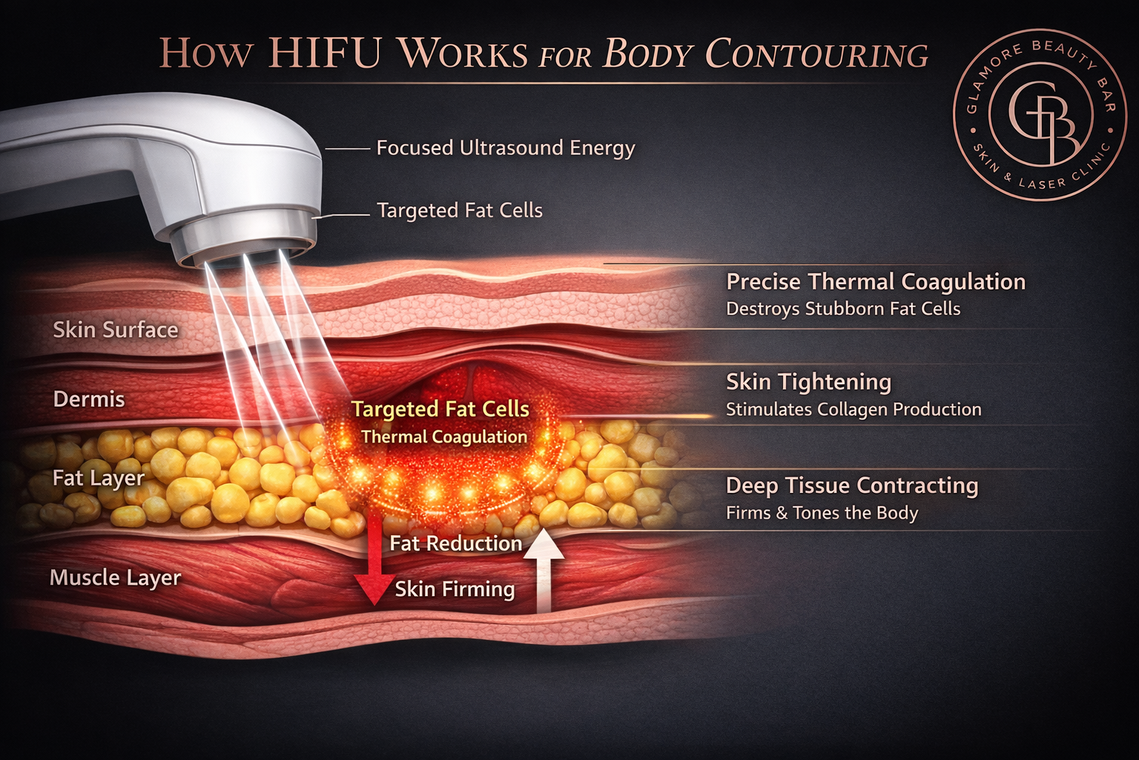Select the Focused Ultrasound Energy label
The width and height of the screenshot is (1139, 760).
point(506,148)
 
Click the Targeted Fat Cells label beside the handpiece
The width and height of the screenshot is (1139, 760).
point(460,211)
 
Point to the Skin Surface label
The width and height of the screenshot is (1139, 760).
point(116,330)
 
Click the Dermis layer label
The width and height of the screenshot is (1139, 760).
point(89,399)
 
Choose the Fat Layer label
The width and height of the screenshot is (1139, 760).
point(98,478)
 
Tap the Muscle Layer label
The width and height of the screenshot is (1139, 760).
point(115,577)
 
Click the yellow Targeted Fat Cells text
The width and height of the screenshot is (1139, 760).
point(440,409)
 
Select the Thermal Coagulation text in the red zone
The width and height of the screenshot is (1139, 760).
point(444,437)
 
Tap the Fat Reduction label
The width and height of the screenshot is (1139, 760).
point(456,543)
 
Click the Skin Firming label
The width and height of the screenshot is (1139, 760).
point(455,589)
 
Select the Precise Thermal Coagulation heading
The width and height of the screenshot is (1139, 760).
point(876,282)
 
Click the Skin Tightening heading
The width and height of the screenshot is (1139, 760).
point(808,382)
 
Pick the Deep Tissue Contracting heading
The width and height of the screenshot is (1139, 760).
point(852,485)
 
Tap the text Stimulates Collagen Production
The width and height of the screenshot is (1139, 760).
point(854,410)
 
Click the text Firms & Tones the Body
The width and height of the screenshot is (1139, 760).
point(822,513)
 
